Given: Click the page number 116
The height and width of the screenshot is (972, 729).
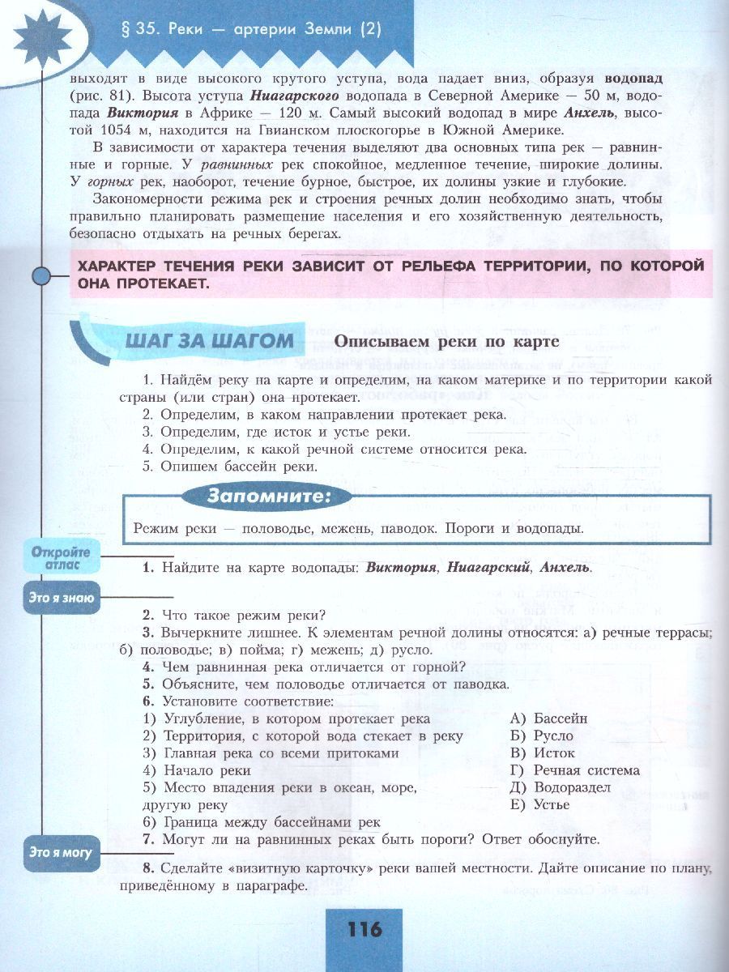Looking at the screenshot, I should [x=364, y=929].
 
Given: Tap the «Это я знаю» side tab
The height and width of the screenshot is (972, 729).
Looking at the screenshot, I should [x=62, y=599].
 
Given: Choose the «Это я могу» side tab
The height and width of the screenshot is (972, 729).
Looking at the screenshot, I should [x=61, y=852].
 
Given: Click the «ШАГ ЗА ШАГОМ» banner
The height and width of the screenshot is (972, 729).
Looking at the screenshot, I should [x=209, y=341].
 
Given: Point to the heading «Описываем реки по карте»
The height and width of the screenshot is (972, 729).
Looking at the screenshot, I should [x=447, y=342].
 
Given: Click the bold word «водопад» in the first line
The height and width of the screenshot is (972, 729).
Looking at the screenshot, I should [x=633, y=79].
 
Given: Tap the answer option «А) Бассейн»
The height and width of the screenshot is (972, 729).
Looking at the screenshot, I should [x=549, y=718].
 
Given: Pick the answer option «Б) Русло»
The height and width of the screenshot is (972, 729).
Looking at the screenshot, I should [x=542, y=736].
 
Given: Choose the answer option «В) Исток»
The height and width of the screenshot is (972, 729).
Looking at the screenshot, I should [x=543, y=753].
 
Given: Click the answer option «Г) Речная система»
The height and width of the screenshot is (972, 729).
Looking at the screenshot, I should [x=575, y=770].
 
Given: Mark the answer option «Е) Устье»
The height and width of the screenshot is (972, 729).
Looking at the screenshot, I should [x=540, y=804].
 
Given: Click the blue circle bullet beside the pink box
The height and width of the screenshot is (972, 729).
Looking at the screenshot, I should [x=41, y=276].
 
